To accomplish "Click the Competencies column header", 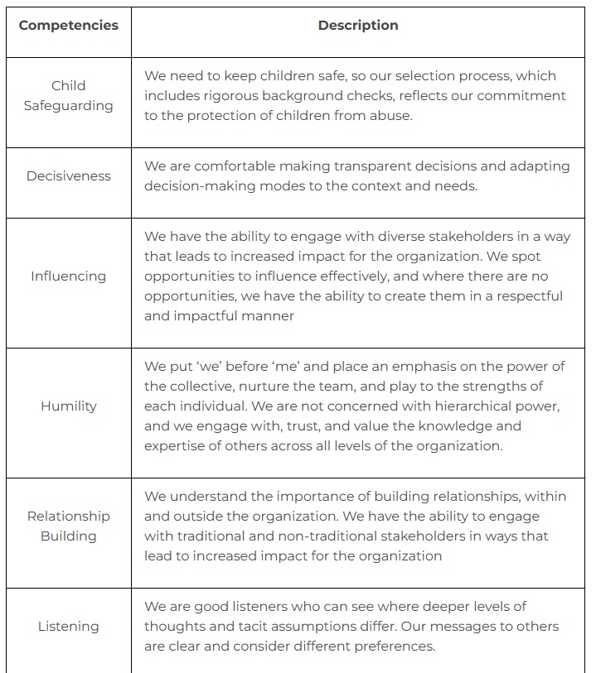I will click(68, 25).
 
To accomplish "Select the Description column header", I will click(358, 25).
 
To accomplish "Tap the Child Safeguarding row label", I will click(68, 95).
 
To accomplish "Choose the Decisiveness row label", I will click(68, 175).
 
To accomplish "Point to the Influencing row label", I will click(68, 276).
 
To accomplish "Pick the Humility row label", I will click(68, 406).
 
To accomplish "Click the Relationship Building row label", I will click(68, 526).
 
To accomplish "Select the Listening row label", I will click(68, 626).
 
